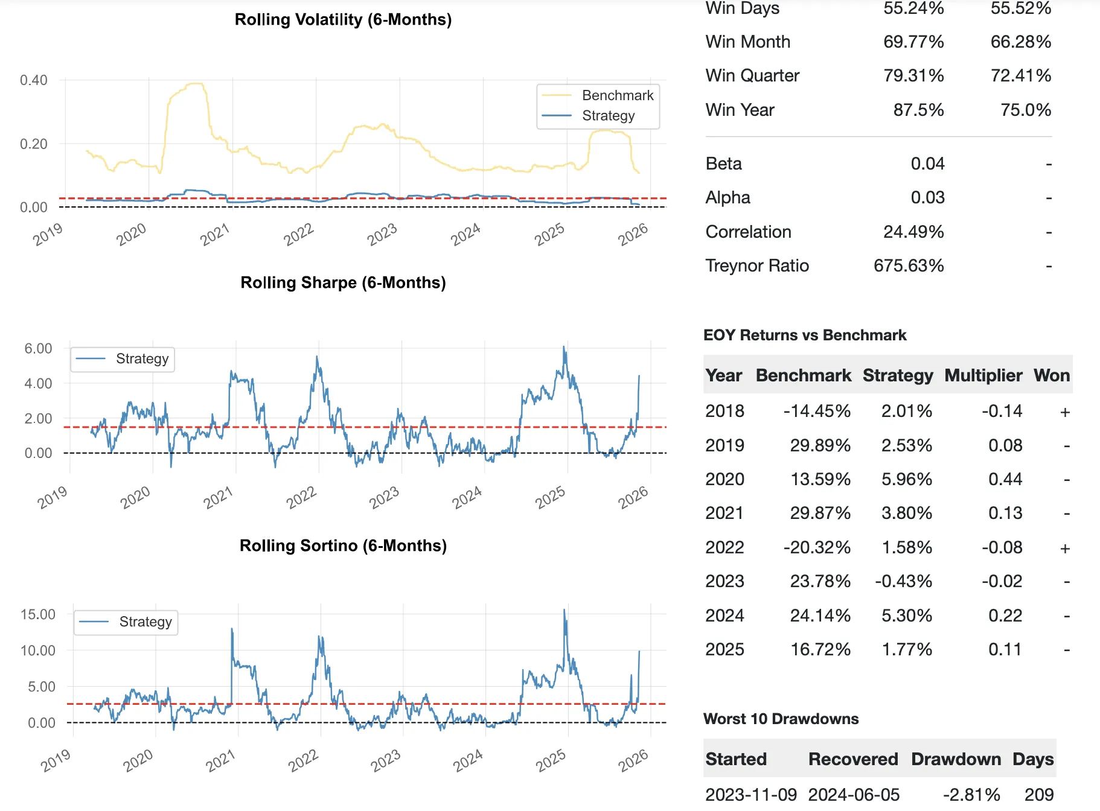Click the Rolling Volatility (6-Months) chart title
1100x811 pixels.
[x=343, y=20]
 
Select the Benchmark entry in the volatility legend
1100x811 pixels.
[x=617, y=95]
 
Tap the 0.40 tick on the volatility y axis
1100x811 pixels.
[x=34, y=80]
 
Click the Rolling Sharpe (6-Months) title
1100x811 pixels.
[x=343, y=283]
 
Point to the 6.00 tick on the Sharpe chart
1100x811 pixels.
[x=38, y=349]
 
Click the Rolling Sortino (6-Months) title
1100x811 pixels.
[x=343, y=546]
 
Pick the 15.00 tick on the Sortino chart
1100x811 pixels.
[x=38, y=615]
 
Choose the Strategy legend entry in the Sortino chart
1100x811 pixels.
[x=145, y=622]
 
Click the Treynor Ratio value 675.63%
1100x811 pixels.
[x=909, y=266]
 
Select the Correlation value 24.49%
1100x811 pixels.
[x=913, y=232]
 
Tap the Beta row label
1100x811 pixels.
[x=724, y=164]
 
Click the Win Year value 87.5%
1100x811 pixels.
[x=918, y=110]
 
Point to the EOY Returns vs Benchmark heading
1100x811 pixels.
[x=805, y=336]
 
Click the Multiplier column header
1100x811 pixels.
[x=983, y=376]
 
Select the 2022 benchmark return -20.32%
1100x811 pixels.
[x=817, y=548]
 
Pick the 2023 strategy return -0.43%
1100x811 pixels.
[x=903, y=582]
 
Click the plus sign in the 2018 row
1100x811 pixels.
[x=1065, y=412]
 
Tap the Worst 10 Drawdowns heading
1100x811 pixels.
[x=781, y=719]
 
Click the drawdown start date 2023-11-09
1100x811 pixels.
[x=751, y=795]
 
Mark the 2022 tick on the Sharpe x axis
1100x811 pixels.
[x=301, y=498]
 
